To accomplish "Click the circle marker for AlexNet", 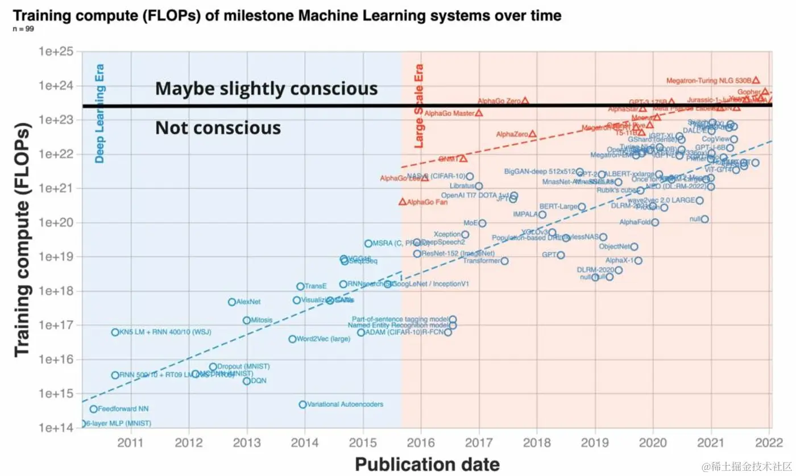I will pyautogui.click(x=232, y=302).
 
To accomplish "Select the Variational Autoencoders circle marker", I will pyautogui.click(x=302, y=404).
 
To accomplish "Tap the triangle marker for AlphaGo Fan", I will pyautogui.click(x=403, y=202).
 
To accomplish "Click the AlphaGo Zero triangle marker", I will pyautogui.click(x=525, y=101).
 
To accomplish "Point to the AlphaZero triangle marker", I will pyautogui.click(x=532, y=134).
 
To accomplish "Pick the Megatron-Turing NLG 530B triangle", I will pyautogui.click(x=756, y=81).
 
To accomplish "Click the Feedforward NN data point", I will pyautogui.click(x=94, y=409).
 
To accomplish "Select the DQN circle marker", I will pyautogui.click(x=247, y=381).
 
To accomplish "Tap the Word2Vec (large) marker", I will pyautogui.click(x=292, y=339).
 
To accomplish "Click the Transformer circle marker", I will pyautogui.click(x=504, y=261).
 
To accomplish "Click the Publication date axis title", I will pyautogui.click(x=427, y=464).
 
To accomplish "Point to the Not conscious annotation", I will pyautogui.click(x=218, y=128).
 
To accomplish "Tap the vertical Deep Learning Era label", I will pyautogui.click(x=100, y=114).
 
